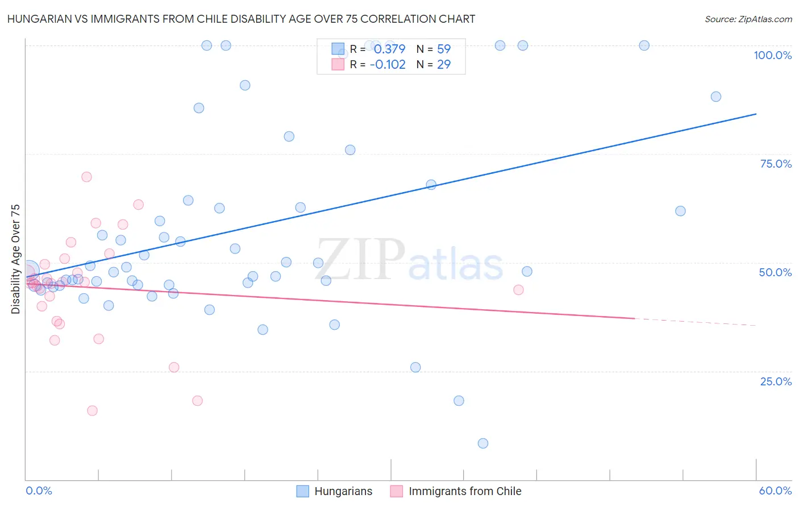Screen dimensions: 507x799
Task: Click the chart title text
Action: (241, 19)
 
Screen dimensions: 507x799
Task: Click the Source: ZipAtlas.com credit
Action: (748, 19)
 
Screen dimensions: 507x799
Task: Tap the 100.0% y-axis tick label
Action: (772, 55)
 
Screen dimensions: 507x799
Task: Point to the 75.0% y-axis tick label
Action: (776, 164)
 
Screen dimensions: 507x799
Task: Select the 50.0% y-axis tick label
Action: (775, 272)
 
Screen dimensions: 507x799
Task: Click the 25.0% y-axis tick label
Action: (776, 381)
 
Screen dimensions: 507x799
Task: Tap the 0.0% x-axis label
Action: (39, 491)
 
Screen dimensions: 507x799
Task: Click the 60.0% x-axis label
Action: (775, 491)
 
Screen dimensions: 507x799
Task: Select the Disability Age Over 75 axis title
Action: (15, 259)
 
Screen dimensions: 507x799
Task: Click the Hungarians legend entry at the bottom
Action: (335, 491)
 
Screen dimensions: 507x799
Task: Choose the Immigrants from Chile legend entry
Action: (456, 491)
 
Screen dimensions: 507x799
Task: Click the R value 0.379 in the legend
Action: (389, 49)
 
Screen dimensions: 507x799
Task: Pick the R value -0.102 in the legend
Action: (388, 64)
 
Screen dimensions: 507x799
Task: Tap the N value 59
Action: (444, 49)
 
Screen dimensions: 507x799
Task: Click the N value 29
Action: (444, 64)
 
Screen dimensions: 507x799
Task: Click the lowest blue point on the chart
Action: (483, 443)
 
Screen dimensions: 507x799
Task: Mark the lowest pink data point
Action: (92, 410)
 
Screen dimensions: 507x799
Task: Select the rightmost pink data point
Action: (518, 290)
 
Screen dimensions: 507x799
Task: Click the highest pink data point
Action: (86, 177)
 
